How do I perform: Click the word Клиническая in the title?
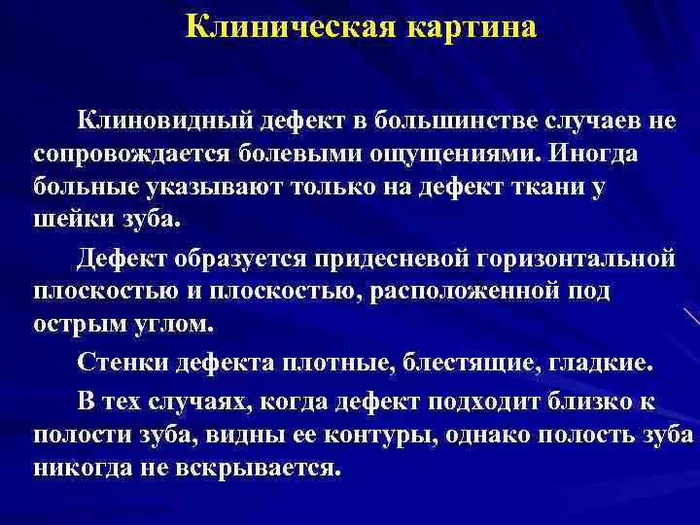(283, 25)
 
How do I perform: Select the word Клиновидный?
(165, 122)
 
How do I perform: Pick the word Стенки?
(125, 364)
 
